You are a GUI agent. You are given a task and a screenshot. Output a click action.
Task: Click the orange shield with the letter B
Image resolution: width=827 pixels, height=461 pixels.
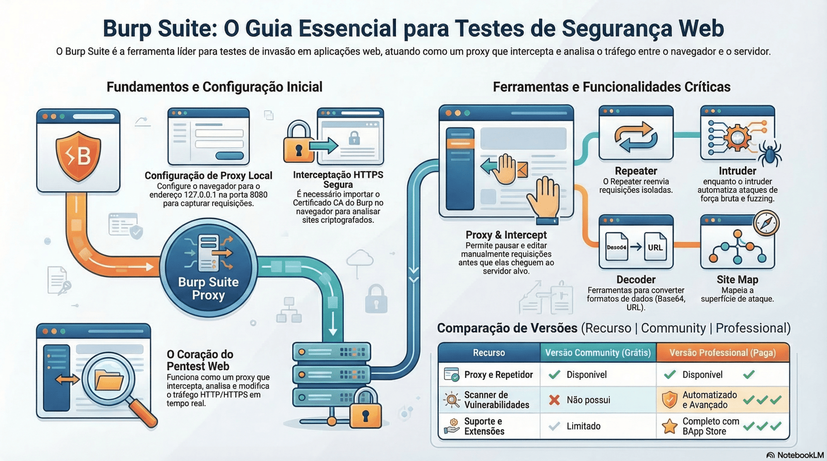click(x=78, y=155)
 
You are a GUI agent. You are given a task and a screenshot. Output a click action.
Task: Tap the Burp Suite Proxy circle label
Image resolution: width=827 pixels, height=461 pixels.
click(x=208, y=289)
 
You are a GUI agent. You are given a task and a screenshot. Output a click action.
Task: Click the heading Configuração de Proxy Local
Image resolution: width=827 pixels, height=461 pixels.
click(x=208, y=176)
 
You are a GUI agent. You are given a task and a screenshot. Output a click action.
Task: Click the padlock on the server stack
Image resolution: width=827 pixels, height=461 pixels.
click(x=365, y=411)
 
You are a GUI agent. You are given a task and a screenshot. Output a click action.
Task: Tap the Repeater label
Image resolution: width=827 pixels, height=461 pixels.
click(x=636, y=171)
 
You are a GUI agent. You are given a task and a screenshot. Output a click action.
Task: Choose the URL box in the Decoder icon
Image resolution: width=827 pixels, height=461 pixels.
click(x=655, y=247)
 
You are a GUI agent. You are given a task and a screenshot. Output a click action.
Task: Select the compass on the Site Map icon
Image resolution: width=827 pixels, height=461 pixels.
click(x=766, y=223)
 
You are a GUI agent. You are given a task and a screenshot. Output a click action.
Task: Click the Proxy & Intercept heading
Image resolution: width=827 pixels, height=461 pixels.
click(x=506, y=235)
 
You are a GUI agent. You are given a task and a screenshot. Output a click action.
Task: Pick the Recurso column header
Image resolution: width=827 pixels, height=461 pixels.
click(x=488, y=353)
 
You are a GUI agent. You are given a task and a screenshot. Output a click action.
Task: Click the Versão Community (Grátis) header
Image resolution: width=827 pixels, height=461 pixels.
click(x=598, y=353)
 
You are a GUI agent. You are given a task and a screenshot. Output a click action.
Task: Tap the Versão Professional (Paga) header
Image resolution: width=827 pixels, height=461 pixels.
click(x=722, y=353)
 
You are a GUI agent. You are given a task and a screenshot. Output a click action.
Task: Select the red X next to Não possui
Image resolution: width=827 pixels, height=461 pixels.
click(x=554, y=400)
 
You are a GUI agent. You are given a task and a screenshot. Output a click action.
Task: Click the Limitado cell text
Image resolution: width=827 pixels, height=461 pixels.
click(x=584, y=426)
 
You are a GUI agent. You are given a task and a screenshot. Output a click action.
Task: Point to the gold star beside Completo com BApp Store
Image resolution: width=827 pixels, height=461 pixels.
click(x=670, y=426)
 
